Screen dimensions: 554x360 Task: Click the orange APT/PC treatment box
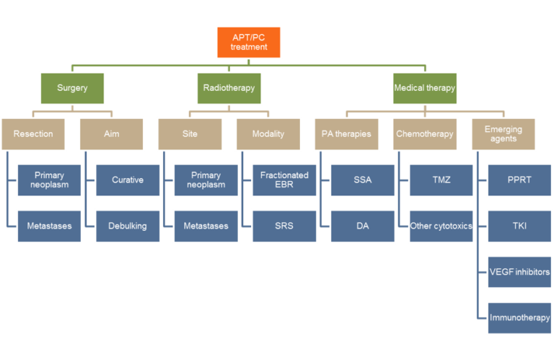(249, 43)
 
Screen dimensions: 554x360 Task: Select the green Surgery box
(72, 88)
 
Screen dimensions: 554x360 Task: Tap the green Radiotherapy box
(229, 88)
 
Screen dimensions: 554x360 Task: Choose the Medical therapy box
(425, 88)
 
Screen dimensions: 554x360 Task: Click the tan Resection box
(33, 134)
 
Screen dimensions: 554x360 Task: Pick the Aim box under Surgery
(112, 134)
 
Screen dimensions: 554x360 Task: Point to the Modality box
(268, 134)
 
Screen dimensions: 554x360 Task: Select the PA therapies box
(346, 134)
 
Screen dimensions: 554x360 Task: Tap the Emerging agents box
(504, 134)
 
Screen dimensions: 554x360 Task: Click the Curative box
(128, 180)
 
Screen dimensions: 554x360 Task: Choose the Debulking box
(128, 226)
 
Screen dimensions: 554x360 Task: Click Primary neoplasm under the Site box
(206, 180)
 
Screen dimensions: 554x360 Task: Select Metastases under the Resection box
(50, 226)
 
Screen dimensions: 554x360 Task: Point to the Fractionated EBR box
(284, 180)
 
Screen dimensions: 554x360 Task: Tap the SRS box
(284, 226)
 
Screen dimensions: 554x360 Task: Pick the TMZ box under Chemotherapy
(441, 180)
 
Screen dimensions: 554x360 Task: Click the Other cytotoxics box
(441, 226)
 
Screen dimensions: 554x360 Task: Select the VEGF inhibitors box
(519, 272)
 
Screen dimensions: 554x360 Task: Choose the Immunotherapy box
(519, 318)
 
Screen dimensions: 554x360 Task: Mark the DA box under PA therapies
(363, 226)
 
